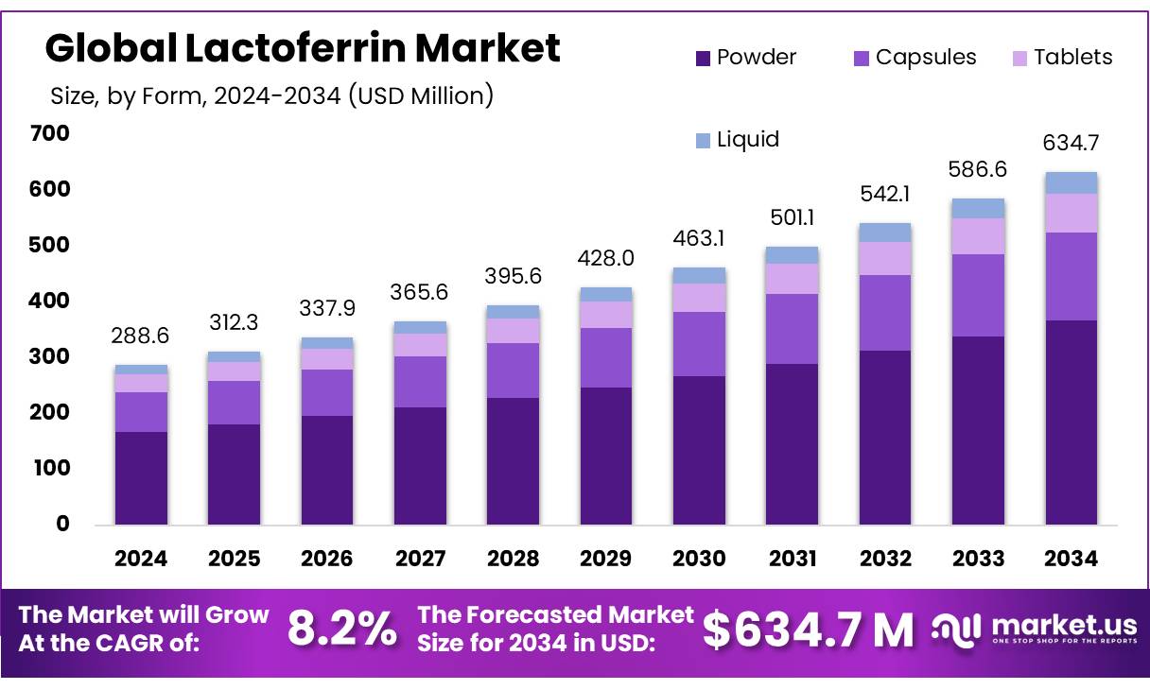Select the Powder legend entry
745,58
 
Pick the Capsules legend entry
914,58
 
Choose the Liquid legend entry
737,140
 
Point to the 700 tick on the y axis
50,133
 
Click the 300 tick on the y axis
50,356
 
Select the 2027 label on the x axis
420,559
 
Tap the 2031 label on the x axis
793,559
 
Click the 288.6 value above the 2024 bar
141,336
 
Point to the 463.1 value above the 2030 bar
699,239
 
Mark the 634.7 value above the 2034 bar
1072,144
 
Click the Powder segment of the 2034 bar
1072,422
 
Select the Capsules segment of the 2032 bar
885,312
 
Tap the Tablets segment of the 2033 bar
978,236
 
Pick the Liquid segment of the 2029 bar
606,294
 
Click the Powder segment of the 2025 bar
234,474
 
